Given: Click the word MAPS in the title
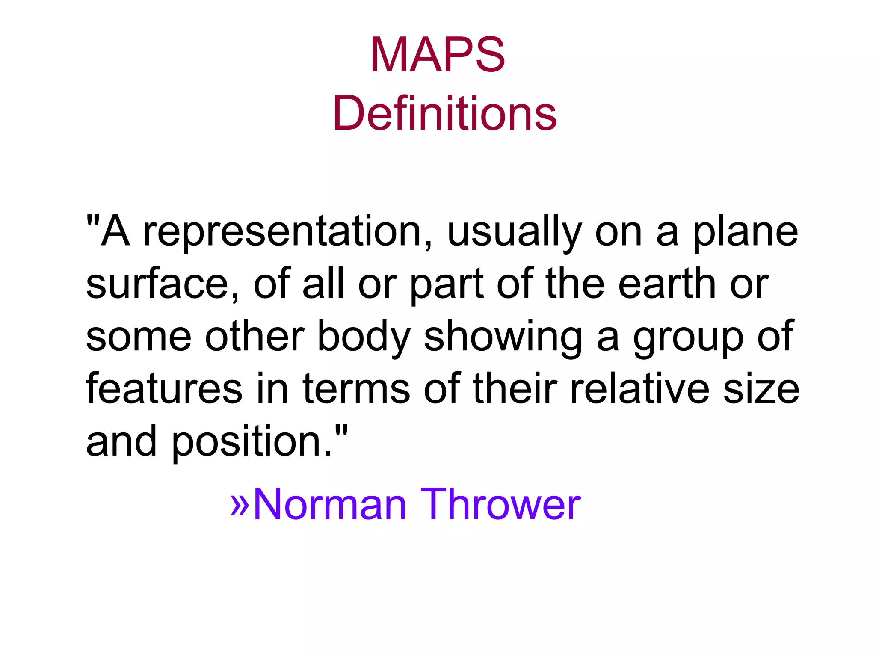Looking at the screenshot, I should point(438,56).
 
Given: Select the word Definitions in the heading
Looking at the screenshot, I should point(444,114).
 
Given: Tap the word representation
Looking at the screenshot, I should point(283,233).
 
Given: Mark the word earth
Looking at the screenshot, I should point(667,284).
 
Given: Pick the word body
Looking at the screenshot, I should point(364,338).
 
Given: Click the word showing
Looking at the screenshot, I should point(503,338).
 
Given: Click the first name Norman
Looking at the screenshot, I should point(329,505).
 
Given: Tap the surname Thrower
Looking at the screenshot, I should point(500,505).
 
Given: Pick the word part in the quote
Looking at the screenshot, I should point(447,284).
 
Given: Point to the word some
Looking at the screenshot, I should point(139,338).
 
